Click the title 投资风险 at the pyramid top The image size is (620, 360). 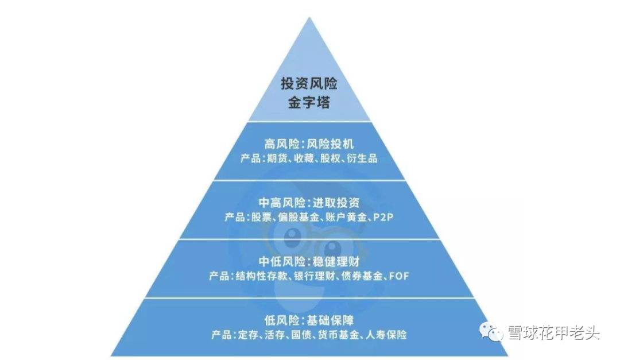(309, 84)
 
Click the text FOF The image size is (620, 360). (398, 277)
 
